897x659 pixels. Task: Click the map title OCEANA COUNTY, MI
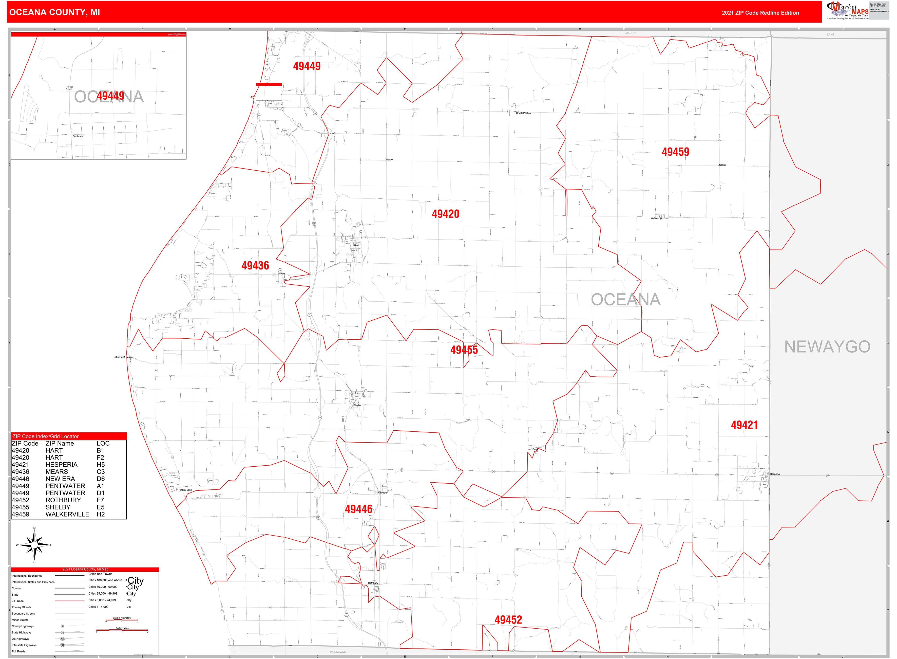point(55,12)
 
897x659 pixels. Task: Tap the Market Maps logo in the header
point(847,10)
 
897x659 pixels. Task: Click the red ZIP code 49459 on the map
point(675,152)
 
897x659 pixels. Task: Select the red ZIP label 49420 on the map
point(445,214)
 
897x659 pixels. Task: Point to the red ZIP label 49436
point(255,266)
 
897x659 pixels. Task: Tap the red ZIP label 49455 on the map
point(464,350)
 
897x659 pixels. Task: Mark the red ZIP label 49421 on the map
point(744,425)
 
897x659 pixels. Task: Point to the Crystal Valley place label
point(523,113)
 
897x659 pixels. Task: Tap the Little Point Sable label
point(122,357)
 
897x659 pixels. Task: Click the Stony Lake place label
point(186,490)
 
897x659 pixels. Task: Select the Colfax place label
point(722,165)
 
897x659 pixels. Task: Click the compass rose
point(34,545)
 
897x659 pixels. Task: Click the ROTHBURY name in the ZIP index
point(63,500)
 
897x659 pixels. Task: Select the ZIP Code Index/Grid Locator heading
point(45,436)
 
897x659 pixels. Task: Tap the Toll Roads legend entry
point(18,651)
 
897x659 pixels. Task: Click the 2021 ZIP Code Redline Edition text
point(760,13)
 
